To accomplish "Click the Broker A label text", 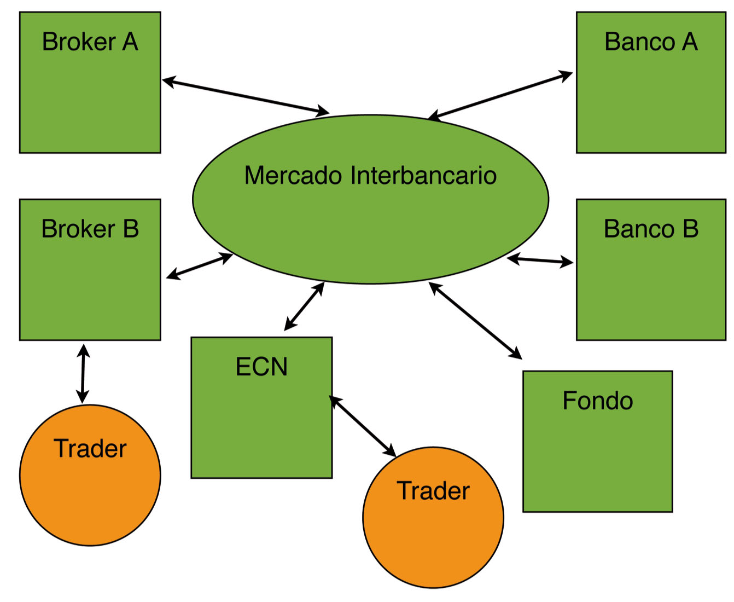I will (90, 42).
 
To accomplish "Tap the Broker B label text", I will (90, 229).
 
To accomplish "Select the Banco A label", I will (651, 42).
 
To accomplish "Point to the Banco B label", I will (651, 229).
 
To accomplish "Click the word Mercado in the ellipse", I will (293, 176).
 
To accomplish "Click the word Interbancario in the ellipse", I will (423, 176).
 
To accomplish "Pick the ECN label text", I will (261, 367).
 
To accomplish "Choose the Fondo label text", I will (597, 401).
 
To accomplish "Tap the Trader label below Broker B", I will (90, 449).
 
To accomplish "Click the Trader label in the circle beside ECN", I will (433, 491).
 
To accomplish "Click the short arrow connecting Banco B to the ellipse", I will (540, 261).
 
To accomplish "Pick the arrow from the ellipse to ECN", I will (304, 306).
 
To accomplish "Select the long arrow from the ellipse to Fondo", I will (475, 321).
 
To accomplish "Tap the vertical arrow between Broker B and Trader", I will (83, 374).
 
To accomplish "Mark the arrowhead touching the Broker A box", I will (167, 82).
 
